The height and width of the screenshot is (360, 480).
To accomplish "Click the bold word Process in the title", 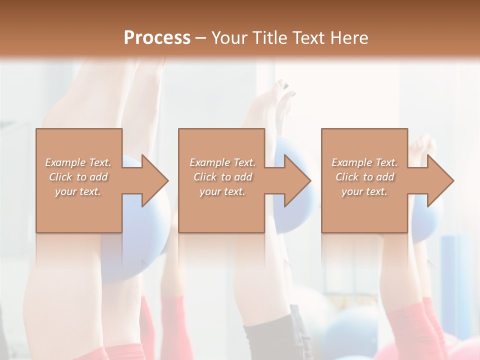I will (157, 37).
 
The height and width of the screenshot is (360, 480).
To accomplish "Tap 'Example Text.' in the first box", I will (78, 162).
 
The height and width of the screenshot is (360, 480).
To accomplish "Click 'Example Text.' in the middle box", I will (222, 162).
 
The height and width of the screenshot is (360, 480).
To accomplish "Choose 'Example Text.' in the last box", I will (364, 162).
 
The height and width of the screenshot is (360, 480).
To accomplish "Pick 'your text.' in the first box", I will (78, 191).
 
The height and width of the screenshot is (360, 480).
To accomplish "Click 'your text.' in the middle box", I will (222, 191).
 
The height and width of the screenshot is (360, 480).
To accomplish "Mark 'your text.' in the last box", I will (364, 191).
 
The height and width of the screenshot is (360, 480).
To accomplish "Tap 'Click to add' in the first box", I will (78, 177).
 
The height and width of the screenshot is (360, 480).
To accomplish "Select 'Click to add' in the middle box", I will (222, 177).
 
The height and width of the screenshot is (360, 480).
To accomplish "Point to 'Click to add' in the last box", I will (364, 177).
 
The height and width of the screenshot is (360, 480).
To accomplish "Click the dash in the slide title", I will (201, 38).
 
